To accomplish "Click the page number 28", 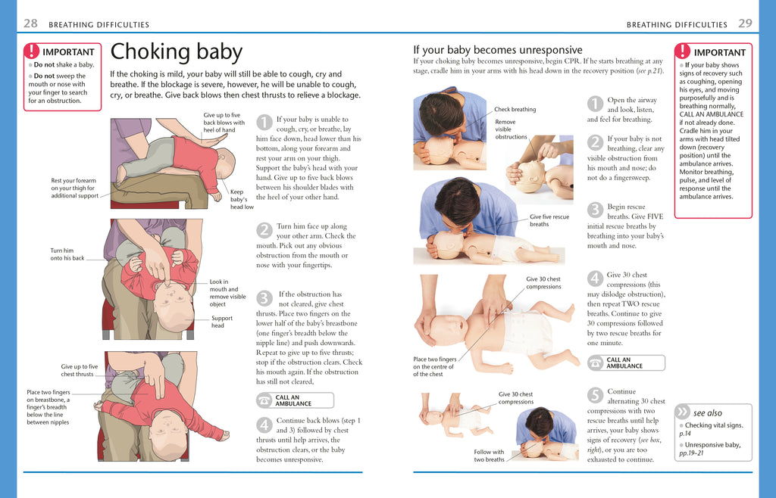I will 30,23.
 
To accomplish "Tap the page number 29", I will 745,23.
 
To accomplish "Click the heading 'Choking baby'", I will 176,52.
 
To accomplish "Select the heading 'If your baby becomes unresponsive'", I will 497,50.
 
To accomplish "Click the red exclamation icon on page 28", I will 31,51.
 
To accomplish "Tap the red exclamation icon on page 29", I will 683,51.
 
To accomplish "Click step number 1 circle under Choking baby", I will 264,122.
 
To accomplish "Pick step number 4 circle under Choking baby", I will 264,424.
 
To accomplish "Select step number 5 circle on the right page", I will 595,394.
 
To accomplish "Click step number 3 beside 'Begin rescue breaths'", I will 595,209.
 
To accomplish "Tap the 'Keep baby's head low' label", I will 242,199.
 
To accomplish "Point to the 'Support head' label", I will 222,322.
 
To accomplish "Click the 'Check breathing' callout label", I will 515,110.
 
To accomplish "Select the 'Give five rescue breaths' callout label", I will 549,220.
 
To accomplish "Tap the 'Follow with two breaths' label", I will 489,456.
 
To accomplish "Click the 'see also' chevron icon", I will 683,412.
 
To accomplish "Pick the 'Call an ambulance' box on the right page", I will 626,363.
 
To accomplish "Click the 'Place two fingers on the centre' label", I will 434,366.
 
